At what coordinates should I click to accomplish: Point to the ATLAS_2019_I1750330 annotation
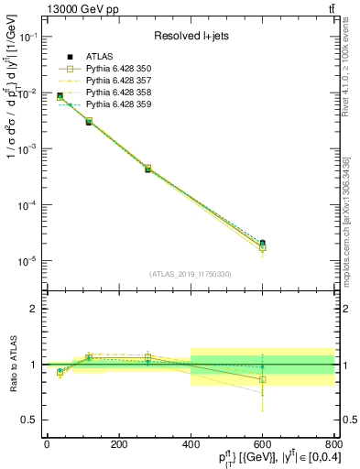pyautogui.click(x=190, y=273)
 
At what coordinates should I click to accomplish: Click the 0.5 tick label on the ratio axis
pyautogui.click(x=30, y=420)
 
